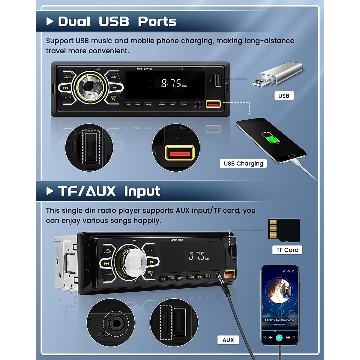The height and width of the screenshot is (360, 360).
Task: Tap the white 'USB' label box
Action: tap(284, 96)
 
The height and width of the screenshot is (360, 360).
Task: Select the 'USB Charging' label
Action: tap(243, 163)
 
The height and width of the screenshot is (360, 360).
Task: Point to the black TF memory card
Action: tap(284, 230)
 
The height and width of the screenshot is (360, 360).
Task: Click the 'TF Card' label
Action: tap(287, 250)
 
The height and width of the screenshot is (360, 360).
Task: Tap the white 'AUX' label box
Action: tap(228, 340)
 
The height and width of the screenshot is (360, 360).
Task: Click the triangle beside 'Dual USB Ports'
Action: tap(50, 21)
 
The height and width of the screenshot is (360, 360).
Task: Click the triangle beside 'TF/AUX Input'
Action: tap(50, 191)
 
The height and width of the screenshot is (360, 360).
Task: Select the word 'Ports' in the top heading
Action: tap(157, 22)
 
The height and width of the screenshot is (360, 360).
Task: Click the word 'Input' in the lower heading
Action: tap(142, 191)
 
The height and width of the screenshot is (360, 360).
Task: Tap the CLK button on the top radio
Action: tap(113, 77)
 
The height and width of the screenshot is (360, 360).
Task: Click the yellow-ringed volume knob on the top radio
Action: tap(90, 87)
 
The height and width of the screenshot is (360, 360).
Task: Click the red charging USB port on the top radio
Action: tap(213, 104)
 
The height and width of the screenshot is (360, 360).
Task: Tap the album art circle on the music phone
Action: tap(279, 290)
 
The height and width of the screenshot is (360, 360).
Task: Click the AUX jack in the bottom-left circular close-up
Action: tap(115, 324)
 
